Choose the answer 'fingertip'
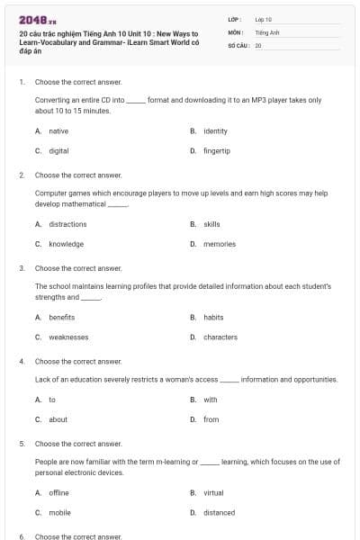point(217,151)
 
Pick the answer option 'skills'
point(211,224)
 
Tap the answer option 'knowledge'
point(66,244)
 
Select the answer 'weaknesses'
point(68,337)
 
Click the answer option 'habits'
point(213,318)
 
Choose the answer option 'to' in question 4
point(52,400)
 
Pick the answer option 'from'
point(211,419)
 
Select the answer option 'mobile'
point(59,513)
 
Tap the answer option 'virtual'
point(213,493)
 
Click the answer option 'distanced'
point(219,513)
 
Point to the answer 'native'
point(58,131)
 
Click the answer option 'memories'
point(220,244)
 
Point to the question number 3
point(22,268)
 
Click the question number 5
point(22,444)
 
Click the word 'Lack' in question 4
point(42,380)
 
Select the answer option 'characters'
point(220,337)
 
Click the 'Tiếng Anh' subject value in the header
point(266,31)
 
